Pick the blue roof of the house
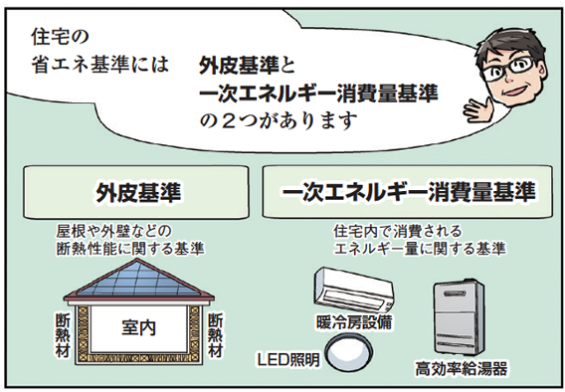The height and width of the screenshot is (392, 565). [x=138, y=285]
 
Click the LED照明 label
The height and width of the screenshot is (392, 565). [x=288, y=358]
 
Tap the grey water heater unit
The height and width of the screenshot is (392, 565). [x=461, y=316]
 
